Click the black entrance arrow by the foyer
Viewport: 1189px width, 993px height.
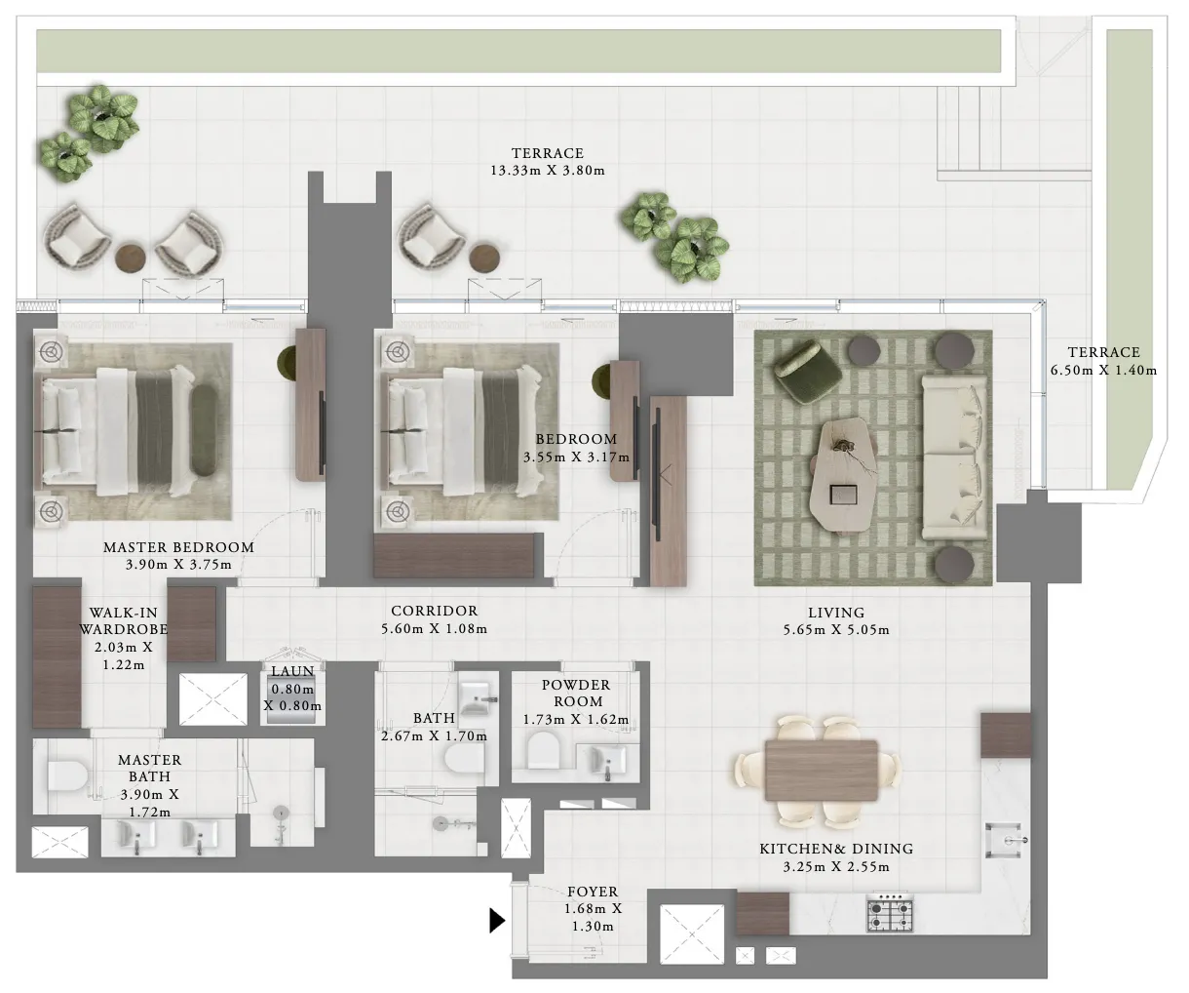click(x=497, y=920)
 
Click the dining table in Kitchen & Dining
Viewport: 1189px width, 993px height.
click(x=821, y=770)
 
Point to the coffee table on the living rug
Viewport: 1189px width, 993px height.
click(x=845, y=472)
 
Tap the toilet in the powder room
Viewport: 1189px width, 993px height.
click(x=543, y=754)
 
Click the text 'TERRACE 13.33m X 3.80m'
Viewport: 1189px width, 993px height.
click(x=547, y=162)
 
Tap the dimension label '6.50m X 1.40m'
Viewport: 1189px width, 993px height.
click(x=1103, y=370)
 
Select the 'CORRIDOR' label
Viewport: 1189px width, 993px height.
click(x=434, y=612)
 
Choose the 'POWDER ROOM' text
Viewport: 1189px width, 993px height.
click(x=575, y=693)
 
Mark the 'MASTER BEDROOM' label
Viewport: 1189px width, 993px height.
click(x=178, y=547)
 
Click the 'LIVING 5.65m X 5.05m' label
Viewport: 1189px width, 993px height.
click(x=836, y=621)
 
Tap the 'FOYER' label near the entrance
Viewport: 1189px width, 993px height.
click(x=592, y=892)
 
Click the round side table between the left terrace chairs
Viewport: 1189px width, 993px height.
click(x=130, y=258)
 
